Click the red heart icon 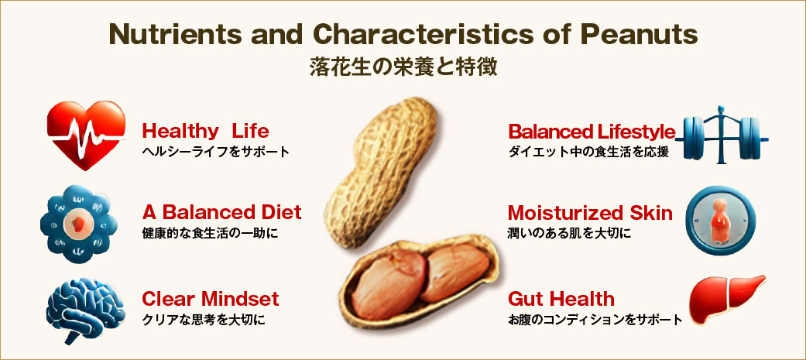[86, 135]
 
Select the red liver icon [726, 300]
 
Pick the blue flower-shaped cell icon [78, 225]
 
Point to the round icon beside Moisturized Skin [720, 221]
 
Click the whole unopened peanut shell [381, 173]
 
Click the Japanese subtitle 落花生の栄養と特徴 [403, 67]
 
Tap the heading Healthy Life [205, 131]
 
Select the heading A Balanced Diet [221, 212]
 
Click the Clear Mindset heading [211, 298]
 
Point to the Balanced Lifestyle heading [591, 132]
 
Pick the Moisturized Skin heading [590, 213]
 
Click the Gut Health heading [561, 299]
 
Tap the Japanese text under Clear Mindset [204, 320]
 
